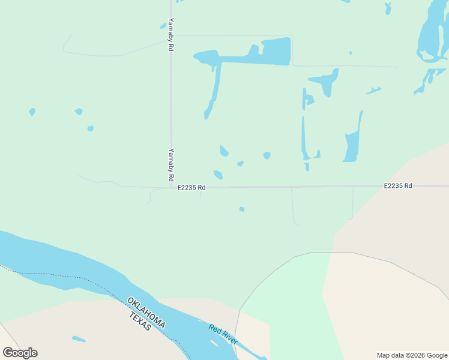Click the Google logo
[20, 353]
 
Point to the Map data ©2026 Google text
[412, 355]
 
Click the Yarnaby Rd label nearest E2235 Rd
[171, 165]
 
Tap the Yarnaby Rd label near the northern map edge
[171, 34]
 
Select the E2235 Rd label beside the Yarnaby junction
[191, 188]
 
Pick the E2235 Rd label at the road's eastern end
[398, 186]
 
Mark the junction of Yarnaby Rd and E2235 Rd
[171, 187]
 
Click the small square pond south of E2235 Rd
[242, 209]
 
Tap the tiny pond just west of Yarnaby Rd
[163, 26]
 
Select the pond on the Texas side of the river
[79, 339]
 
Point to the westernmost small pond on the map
[32, 112]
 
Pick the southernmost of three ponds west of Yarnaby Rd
[90, 128]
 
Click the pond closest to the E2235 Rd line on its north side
[218, 175]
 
